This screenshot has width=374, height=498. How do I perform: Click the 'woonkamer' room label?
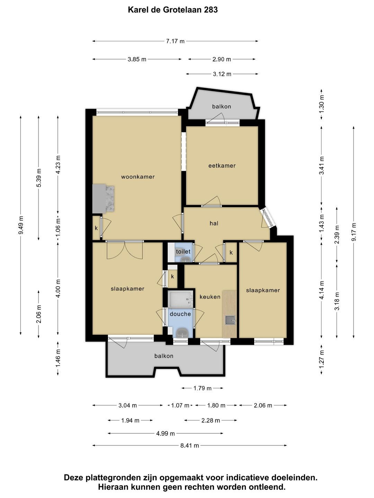tap(137, 177)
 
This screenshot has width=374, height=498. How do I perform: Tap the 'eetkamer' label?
tap(222, 166)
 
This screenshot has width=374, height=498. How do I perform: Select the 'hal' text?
tap(214, 223)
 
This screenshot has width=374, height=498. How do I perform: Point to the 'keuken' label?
tap(210, 297)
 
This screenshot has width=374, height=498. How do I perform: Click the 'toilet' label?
tap(183, 251)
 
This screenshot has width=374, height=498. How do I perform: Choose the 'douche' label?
tap(180, 314)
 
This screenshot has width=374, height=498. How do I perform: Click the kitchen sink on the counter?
tap(230, 320)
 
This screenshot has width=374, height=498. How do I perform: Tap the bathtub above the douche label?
tap(180, 300)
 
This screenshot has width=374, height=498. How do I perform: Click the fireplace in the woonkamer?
tap(103, 198)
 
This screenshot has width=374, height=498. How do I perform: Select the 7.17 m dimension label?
tap(175, 41)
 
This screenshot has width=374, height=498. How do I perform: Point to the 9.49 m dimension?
tap(21, 225)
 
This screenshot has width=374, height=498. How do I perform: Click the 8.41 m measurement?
tap(190, 445)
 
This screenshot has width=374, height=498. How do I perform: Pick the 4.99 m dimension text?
tap(165, 434)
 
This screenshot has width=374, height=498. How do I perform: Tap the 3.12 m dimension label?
tap(222, 74)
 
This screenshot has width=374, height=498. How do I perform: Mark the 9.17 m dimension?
tap(354, 232)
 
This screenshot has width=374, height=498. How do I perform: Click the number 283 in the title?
tap(211, 10)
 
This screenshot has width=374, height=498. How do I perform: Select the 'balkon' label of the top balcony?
tap(222, 107)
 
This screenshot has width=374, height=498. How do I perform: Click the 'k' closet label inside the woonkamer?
tap(96, 228)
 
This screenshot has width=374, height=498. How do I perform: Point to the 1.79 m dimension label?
tap(202, 388)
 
